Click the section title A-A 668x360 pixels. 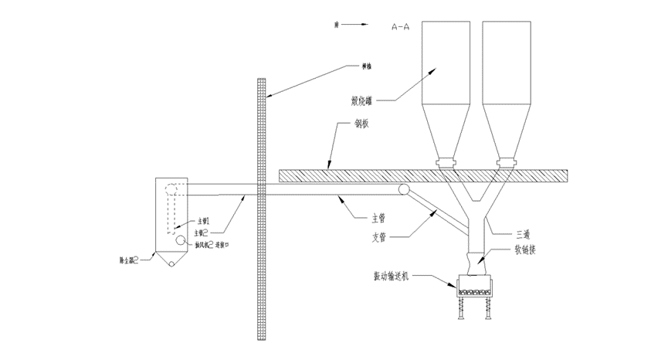pos(401,26)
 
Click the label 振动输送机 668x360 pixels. pos(399,276)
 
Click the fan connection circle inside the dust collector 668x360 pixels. pos(179,240)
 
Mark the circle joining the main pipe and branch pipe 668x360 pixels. pos(402,190)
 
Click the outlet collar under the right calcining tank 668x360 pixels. pos(506,163)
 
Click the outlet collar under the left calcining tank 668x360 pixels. pos(446,163)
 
